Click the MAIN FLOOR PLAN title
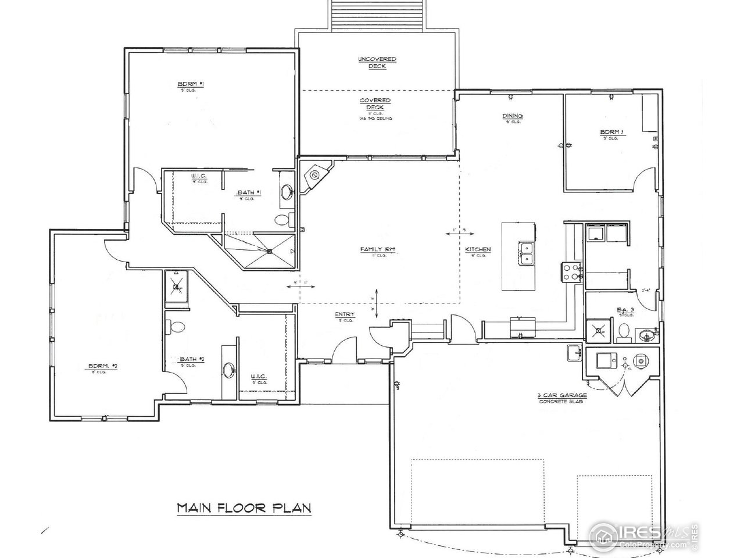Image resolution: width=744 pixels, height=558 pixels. (x=244, y=508)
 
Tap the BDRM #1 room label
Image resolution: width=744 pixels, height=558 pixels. (x=186, y=84)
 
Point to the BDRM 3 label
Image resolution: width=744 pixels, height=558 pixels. (x=611, y=133)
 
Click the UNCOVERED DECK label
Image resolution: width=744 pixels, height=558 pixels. (x=377, y=62)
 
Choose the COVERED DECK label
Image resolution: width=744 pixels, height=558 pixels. (x=375, y=104)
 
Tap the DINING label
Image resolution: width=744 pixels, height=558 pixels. (x=512, y=116)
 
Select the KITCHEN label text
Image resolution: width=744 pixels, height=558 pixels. (x=478, y=249)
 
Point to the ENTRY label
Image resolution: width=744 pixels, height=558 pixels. (x=345, y=314)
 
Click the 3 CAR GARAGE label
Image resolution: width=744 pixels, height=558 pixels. (x=561, y=395)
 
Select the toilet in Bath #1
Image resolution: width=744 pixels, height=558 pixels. (x=282, y=220)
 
